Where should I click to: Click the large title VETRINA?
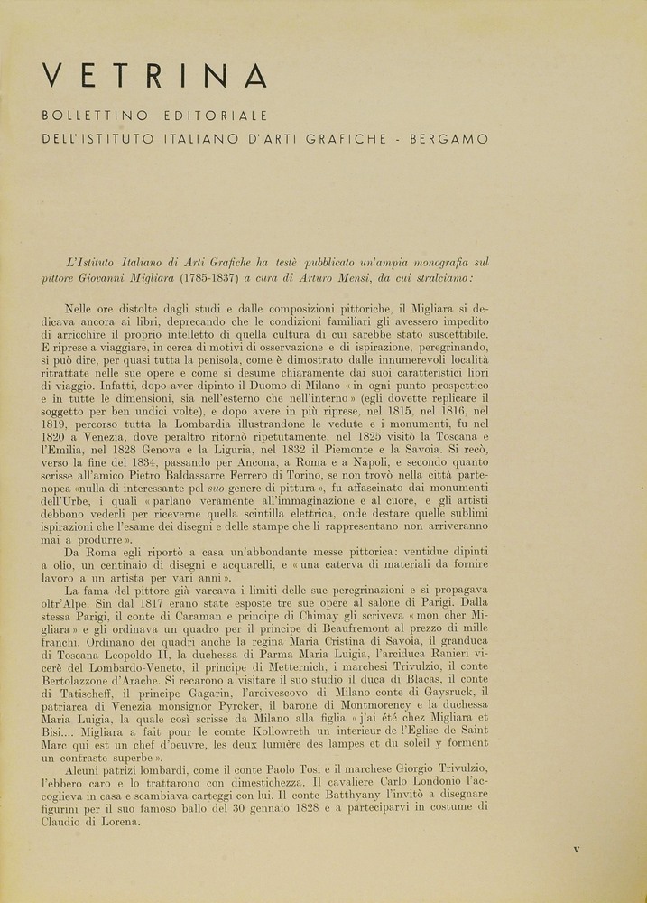tap(155, 76)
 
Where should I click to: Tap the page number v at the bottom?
tap(577, 849)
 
